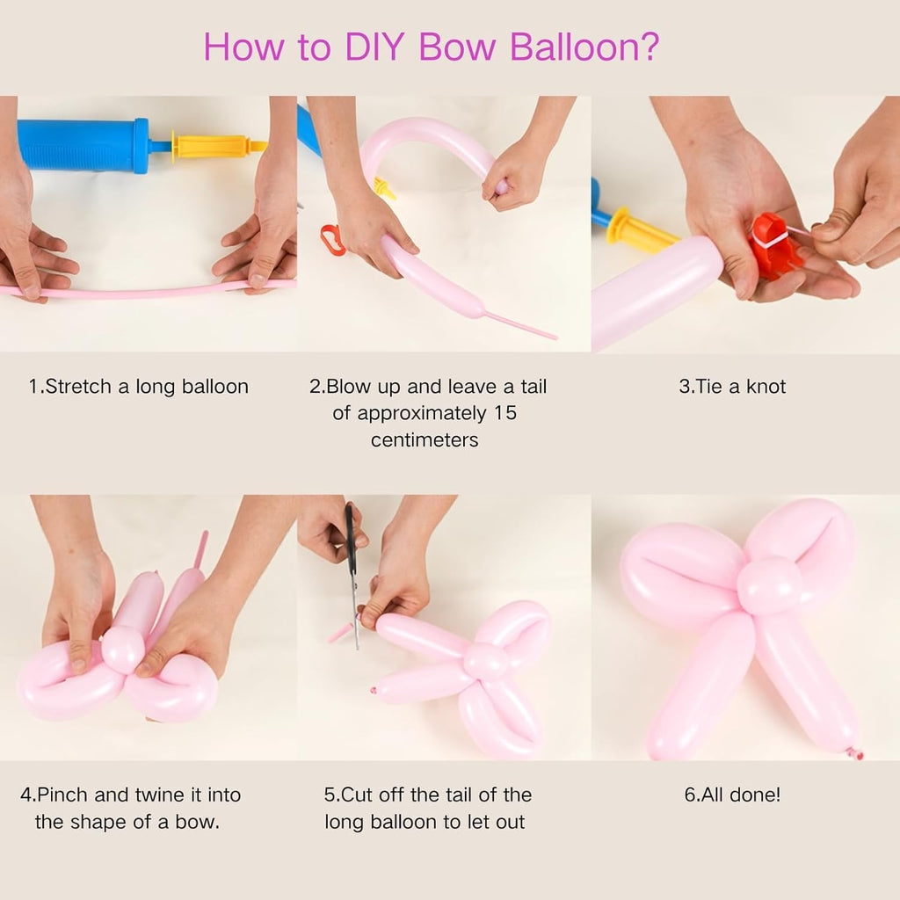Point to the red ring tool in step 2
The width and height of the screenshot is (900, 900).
point(331,240)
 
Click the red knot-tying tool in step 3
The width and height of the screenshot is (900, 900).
point(775,246)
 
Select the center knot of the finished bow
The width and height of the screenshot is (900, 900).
point(769,584)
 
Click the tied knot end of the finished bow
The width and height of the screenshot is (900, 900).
point(855,752)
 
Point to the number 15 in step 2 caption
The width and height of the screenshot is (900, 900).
point(505,413)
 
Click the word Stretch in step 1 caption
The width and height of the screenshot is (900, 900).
point(78,387)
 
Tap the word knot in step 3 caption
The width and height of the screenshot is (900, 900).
point(766,387)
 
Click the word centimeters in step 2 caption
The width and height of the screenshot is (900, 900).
point(425,440)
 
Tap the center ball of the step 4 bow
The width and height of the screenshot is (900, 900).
point(123,650)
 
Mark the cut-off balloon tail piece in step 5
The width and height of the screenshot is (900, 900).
point(340,633)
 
